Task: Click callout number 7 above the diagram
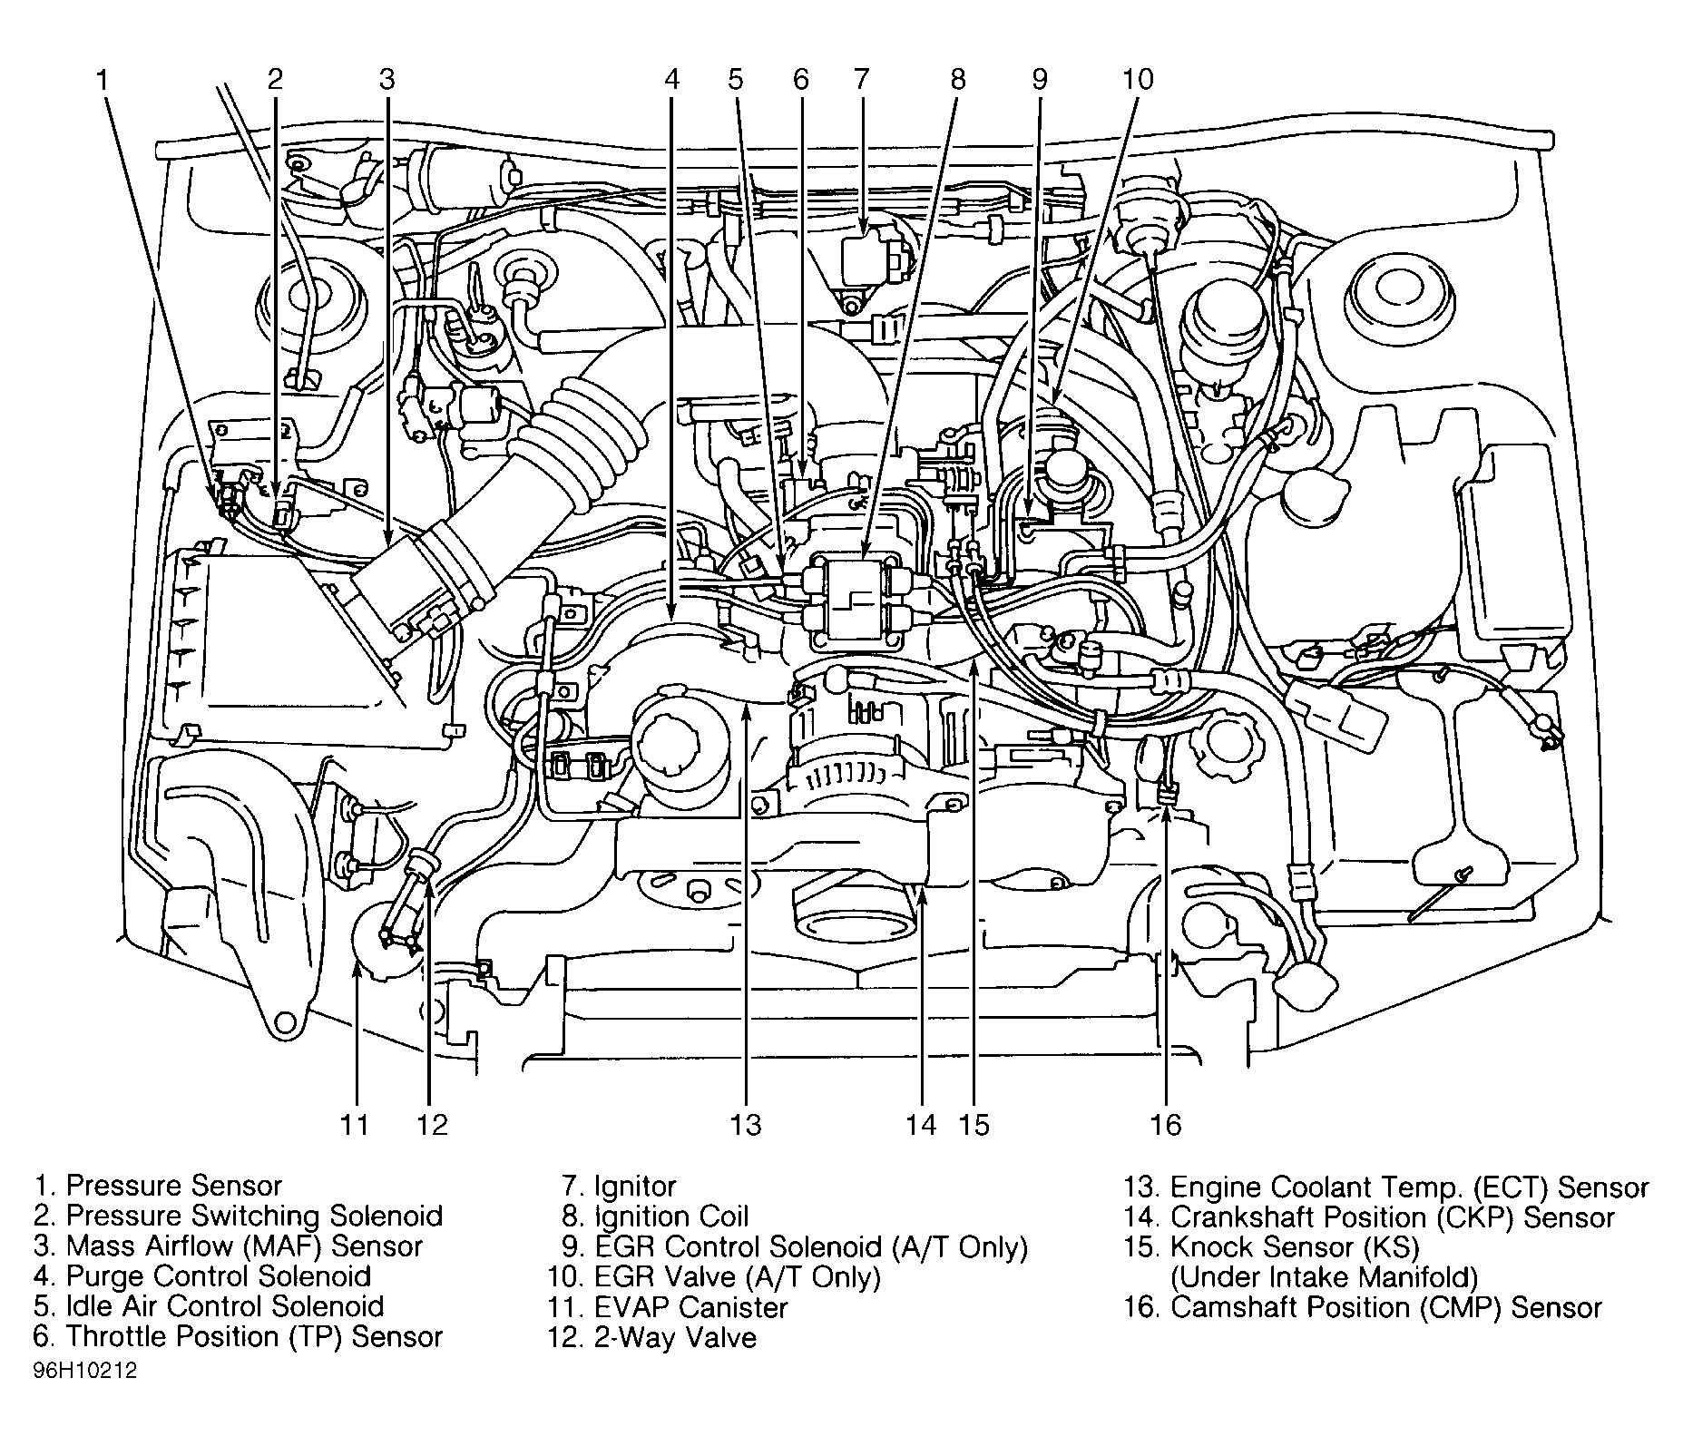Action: tap(860, 80)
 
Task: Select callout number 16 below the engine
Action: tap(1166, 1125)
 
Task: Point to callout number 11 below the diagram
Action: tap(355, 1125)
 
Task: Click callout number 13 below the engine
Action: tap(745, 1125)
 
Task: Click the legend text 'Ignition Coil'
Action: tap(671, 1216)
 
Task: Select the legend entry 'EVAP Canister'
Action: tap(690, 1307)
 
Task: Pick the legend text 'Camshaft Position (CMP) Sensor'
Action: tap(1386, 1307)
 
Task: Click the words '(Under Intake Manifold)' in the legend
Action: tap(1324, 1277)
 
